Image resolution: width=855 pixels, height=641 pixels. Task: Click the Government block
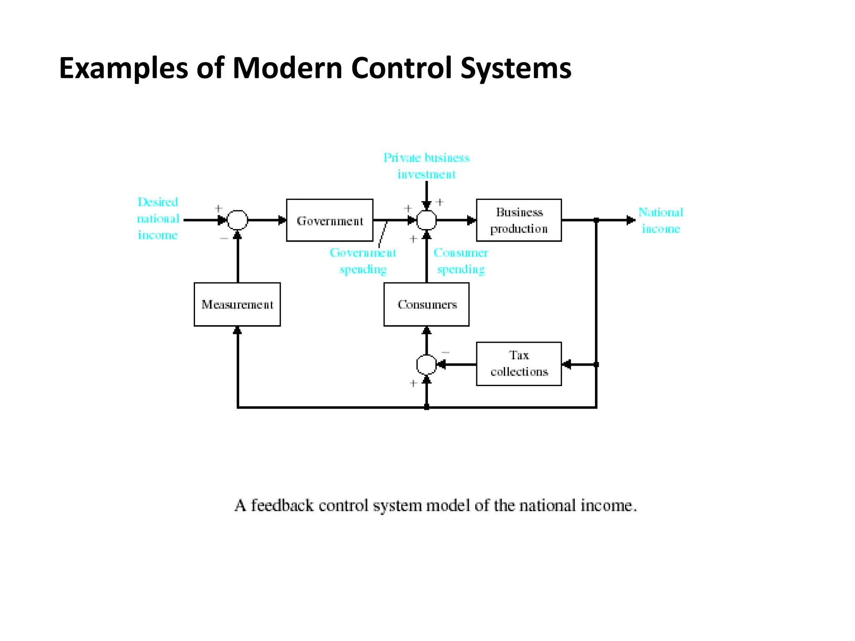pos(329,220)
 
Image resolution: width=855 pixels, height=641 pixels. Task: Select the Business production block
pos(519,220)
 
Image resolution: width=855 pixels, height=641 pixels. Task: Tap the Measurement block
pos(237,304)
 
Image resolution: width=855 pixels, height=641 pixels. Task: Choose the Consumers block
pos(426,304)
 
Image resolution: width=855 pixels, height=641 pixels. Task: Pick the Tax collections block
pos(519,363)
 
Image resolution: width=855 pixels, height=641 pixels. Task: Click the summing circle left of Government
pos(237,220)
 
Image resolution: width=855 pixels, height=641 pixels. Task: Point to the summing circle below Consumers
pos(426,365)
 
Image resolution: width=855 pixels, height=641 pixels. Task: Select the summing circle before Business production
pos(426,220)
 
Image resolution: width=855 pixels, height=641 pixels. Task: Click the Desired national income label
pos(158,218)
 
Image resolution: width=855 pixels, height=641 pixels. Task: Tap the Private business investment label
pos(426,166)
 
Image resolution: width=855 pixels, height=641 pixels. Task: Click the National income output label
pos(660,220)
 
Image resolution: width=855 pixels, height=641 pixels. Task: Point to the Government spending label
pos(363,261)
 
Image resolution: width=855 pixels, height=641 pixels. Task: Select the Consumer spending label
pos(460,261)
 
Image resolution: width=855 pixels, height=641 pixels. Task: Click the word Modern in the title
pos(287,68)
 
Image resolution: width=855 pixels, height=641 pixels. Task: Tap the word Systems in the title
pos(516,68)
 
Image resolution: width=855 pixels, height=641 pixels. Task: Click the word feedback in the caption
pos(282,505)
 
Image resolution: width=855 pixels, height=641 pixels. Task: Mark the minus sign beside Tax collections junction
pos(445,353)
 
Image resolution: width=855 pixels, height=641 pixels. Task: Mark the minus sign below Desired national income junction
pos(224,238)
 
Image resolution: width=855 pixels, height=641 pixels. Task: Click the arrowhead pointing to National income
pos(631,220)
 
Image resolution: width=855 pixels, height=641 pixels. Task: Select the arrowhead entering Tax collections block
pos(567,365)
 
